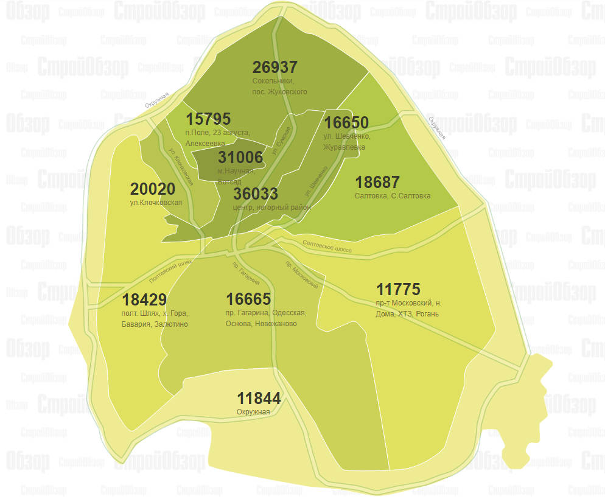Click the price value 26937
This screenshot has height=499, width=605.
pos(275,68)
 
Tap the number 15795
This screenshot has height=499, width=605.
pos(208,119)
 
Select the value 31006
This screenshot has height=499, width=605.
pos(240,158)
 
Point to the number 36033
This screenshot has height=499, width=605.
pos(256,194)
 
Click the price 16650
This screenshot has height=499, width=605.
pos(346,122)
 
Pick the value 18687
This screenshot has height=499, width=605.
pos(377,182)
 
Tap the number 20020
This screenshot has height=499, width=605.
pos(153,189)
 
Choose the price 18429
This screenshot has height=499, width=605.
pos(144,299)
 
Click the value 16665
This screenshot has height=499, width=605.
pos(248,299)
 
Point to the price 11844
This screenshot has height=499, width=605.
pos(259,399)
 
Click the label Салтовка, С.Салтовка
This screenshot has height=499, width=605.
pos(393,196)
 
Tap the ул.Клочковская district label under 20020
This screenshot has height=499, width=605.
pos(156,203)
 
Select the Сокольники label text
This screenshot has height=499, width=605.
pos(273,81)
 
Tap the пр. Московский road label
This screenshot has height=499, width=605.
pos(302,274)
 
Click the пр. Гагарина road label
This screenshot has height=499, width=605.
pos(246,274)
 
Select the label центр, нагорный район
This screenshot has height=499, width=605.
pos(272,208)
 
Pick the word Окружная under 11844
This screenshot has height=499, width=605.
pos(253,412)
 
